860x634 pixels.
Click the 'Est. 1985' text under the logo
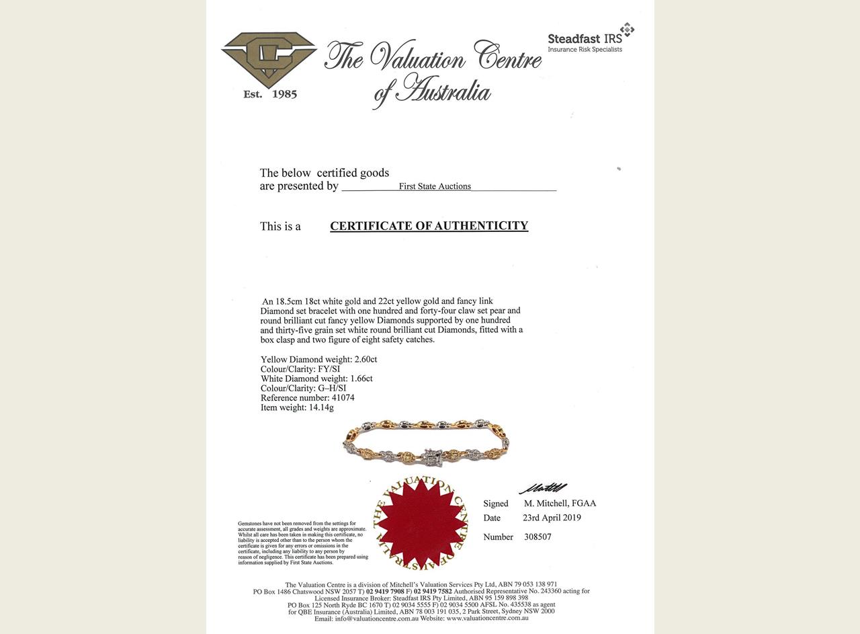270,94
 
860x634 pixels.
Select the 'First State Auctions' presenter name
435,186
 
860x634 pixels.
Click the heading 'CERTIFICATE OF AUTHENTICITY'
429,226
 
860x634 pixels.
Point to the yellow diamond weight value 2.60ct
365,360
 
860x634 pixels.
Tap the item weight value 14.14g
320,407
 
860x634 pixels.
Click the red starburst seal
421,522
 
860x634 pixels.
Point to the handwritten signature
543,488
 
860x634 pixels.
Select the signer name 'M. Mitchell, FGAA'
560,504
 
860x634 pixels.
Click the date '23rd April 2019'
552,518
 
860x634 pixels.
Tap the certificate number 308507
537,537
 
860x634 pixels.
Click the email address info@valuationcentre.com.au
377,618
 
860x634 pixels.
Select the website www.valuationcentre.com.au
487,618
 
